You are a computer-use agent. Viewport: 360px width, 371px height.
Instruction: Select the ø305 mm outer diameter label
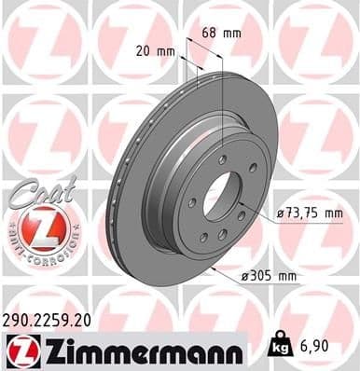[296, 277]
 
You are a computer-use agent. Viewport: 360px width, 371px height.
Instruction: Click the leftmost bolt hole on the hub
[192, 202]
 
